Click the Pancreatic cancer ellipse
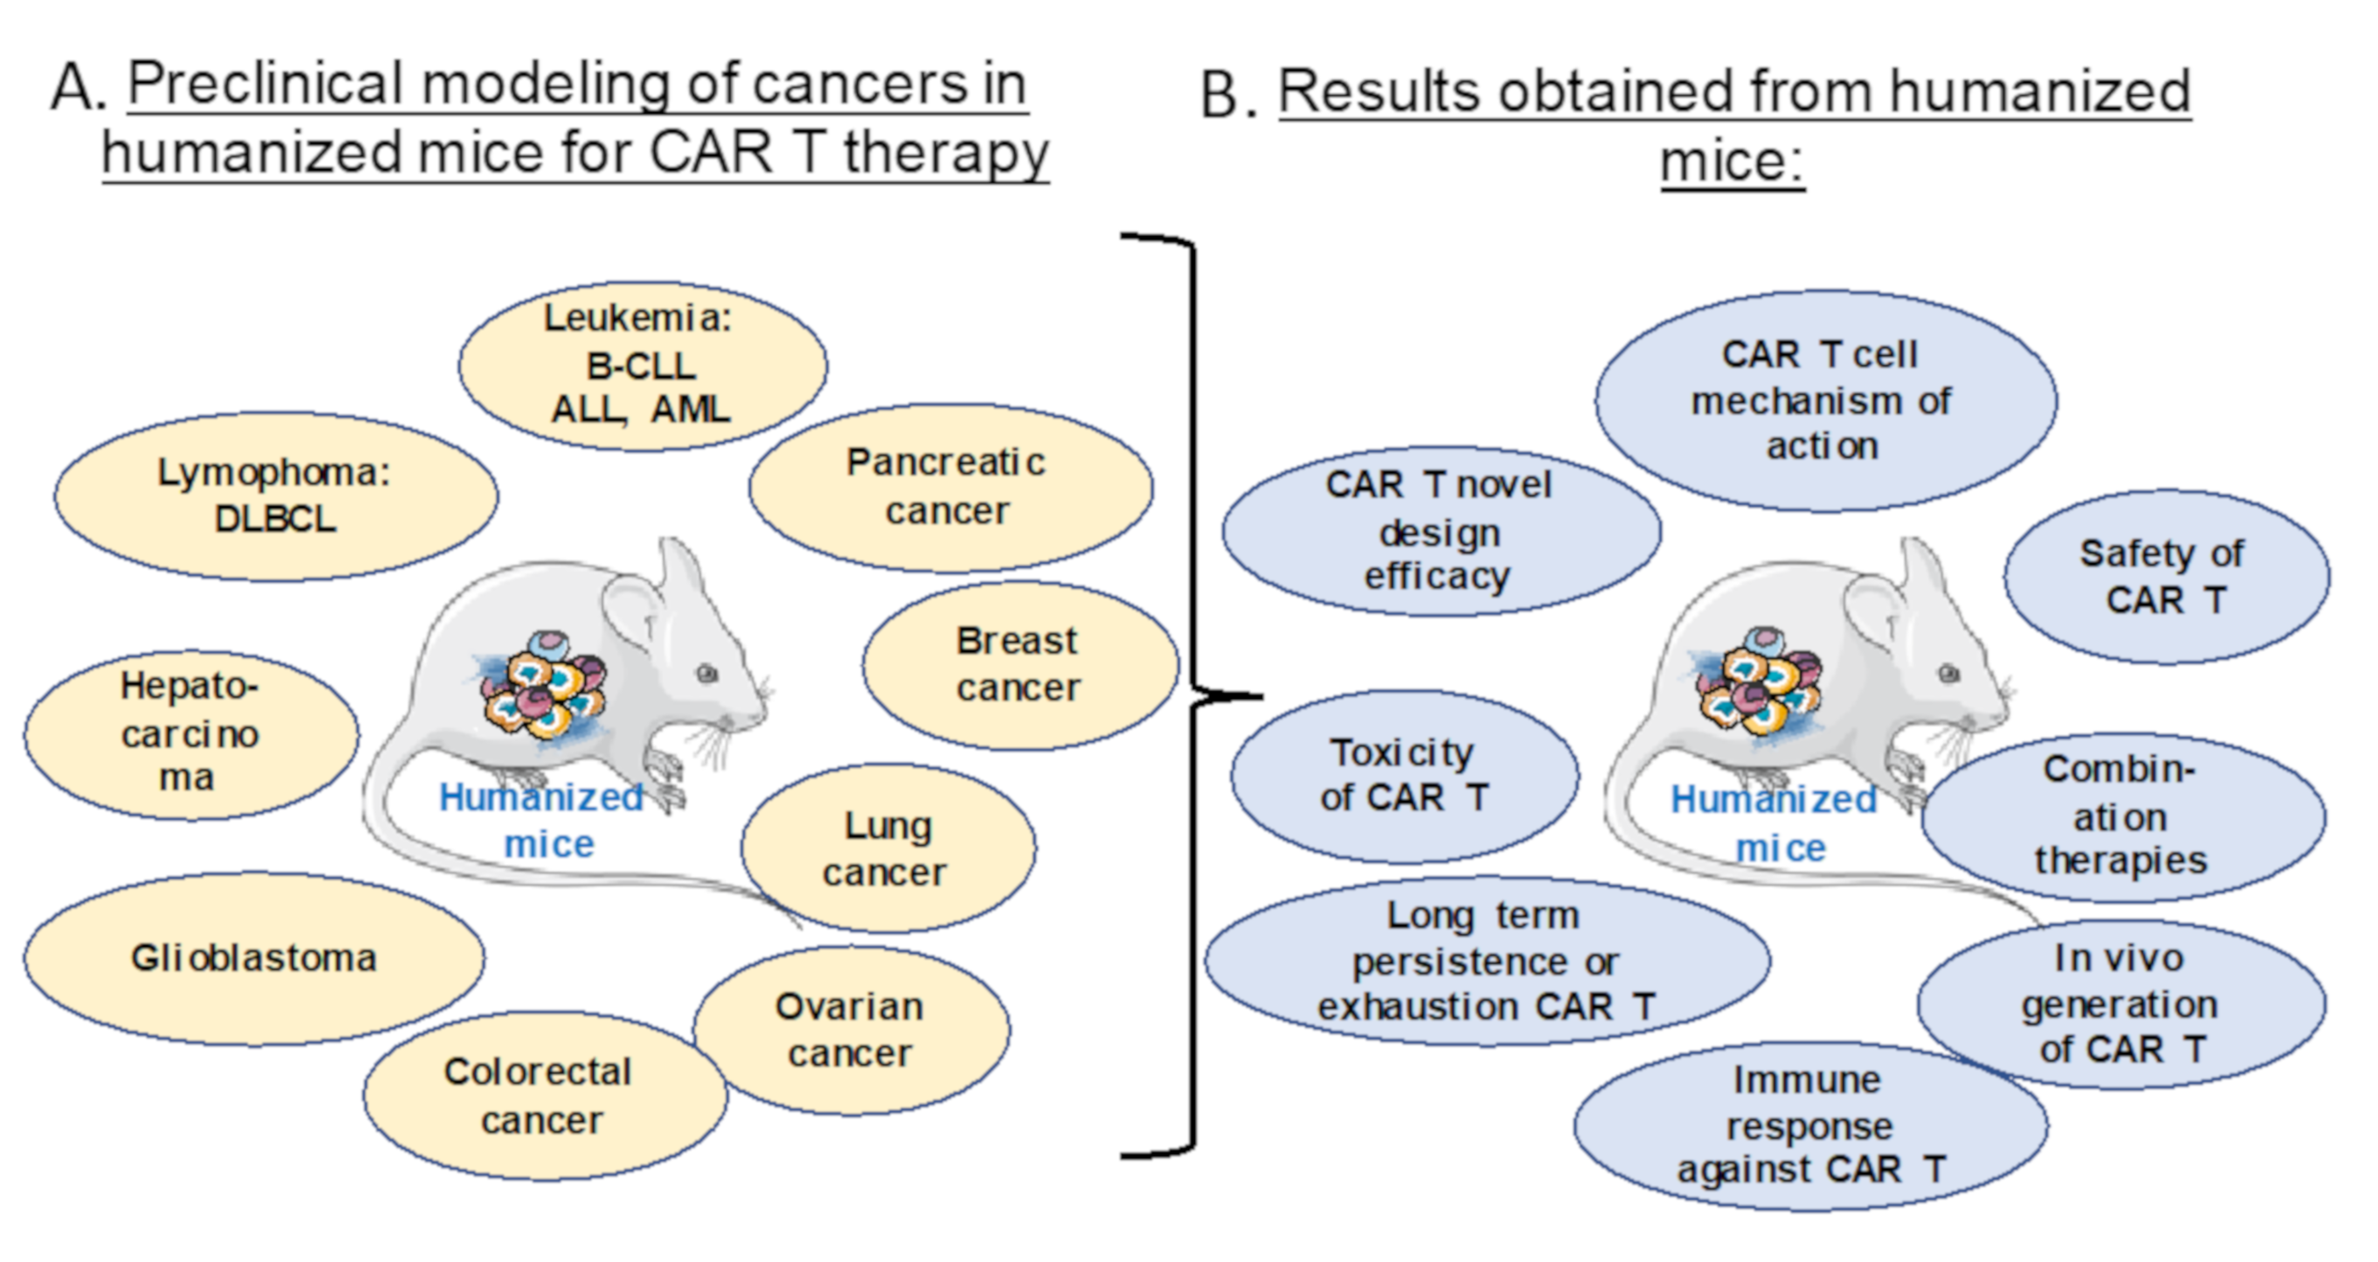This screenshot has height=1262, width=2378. pos(950,487)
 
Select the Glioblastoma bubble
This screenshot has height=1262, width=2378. pos(254,958)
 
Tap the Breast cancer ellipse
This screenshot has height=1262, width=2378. pos(1019,665)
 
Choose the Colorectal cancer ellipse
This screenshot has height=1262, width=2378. pos(543,1096)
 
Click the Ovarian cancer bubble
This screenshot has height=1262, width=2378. pos(850,1029)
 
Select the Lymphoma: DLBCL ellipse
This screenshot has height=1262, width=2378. pos(275,497)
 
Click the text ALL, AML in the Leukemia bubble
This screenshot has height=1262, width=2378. pos(640,410)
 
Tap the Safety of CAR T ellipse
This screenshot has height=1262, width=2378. pos(2165,577)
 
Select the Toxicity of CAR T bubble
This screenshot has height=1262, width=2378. pos(1403,775)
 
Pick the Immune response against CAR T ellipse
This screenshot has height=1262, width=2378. pos(1809,1125)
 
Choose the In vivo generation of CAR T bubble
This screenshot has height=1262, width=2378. pos(2120,1004)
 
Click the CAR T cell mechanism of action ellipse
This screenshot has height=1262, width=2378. pos(1823,401)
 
